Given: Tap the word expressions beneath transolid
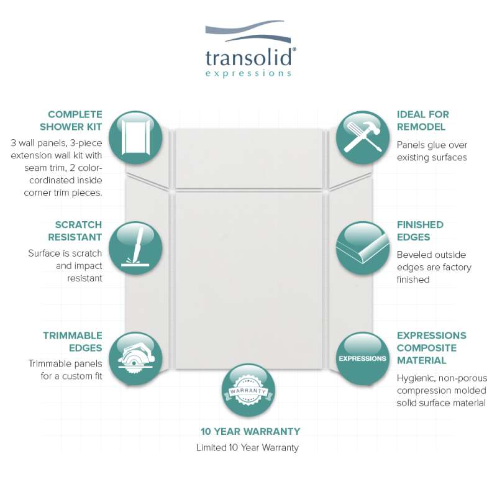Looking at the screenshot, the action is pos(248,73).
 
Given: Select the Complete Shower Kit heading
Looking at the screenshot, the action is pos(71,121).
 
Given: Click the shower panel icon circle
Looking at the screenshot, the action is pos(135,137).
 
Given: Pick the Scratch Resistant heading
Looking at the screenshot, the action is pos(75,230).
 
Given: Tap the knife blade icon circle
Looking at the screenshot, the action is pos(135,248).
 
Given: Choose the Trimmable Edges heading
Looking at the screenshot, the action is pos(73,341).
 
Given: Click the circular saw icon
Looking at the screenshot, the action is pos(135,358).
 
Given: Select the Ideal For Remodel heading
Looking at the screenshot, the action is pos(423,121).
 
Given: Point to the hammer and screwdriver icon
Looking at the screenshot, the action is pos(363,137).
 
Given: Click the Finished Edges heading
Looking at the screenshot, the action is pos(420,230).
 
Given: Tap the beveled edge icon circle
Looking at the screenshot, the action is pos(363,248).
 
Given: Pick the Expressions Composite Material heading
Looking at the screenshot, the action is pos(431,348).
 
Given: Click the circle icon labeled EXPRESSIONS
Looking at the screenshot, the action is pos(363,358).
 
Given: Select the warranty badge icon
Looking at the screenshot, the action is pos(248,390).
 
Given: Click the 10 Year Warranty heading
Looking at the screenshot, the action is pos(250,431).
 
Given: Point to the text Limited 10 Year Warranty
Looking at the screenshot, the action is pos(247,447).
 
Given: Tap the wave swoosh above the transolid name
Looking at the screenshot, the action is pos(248,32).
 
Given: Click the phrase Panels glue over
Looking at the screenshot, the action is pos(432,145).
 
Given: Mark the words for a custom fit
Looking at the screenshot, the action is pos(71,376).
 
